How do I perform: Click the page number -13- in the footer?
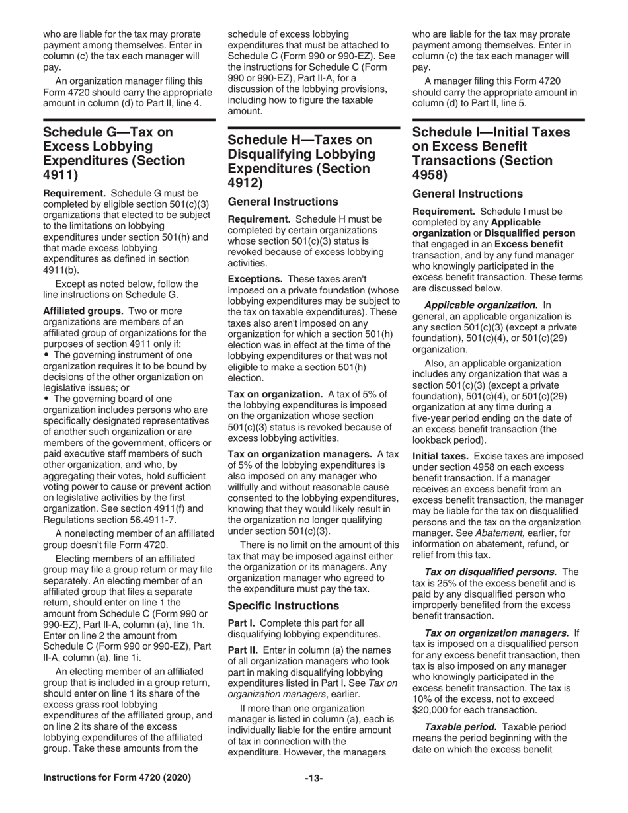pos(313,778)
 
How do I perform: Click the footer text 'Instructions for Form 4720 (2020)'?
pos(116,778)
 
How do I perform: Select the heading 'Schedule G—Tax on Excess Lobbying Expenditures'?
pos(114,153)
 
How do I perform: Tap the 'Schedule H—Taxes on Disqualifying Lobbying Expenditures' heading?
pos(301,161)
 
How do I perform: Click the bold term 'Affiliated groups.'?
pos(83,310)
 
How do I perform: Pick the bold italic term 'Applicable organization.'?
pos(481,305)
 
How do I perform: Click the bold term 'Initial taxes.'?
pos(440,456)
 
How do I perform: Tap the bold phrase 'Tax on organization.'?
pos(274,394)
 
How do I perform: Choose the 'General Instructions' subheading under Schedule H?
pos(282,202)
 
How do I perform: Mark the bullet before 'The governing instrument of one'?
pos(46,354)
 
